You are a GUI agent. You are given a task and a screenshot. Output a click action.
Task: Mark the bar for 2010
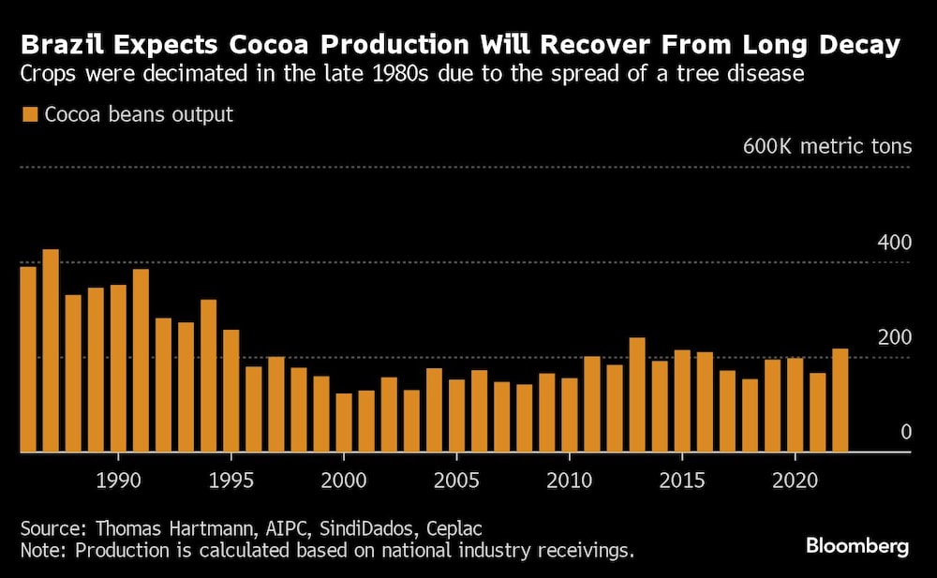click(570, 416)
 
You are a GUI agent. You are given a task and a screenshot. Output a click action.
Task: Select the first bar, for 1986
click(28, 360)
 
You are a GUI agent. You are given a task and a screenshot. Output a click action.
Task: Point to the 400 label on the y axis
click(894, 243)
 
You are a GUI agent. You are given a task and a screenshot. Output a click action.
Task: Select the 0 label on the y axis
click(905, 432)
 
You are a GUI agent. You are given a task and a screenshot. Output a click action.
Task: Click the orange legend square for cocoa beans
click(29, 115)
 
